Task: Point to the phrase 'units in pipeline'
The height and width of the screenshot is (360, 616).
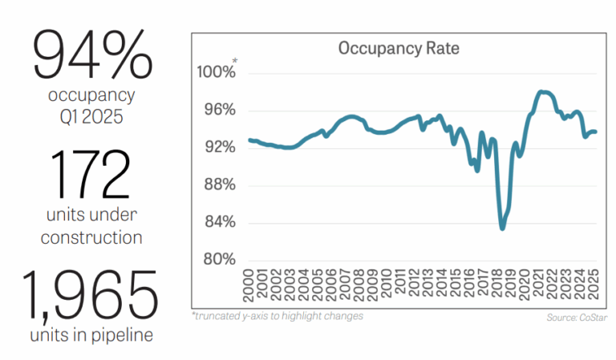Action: (91, 335)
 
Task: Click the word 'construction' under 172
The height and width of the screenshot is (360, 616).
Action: (91, 237)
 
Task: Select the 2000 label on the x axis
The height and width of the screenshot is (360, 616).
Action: (248, 285)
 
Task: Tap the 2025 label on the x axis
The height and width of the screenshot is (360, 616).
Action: (594, 285)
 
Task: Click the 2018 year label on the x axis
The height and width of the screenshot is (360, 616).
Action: (497, 285)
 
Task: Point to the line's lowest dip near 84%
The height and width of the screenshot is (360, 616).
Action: (502, 228)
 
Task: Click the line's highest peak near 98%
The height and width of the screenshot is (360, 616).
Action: (543, 91)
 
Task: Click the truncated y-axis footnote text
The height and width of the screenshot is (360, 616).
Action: (277, 316)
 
